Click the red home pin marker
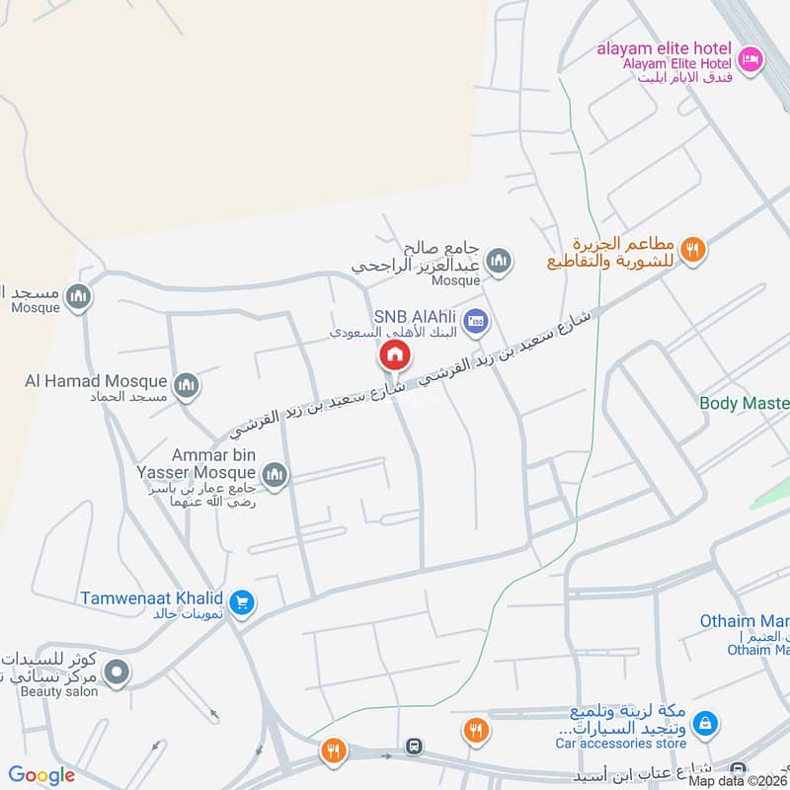click(392, 355)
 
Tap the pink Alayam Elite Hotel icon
click(750, 59)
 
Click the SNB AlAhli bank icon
click(478, 319)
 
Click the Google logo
click(41, 775)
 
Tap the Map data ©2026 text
click(736, 780)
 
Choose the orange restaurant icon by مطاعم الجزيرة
click(694, 250)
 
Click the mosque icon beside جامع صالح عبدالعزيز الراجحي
click(499, 261)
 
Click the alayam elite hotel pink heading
click(664, 48)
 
